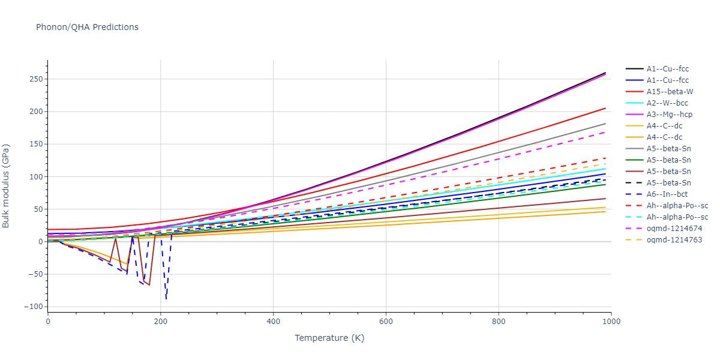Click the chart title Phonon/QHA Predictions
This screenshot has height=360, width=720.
coord(87,27)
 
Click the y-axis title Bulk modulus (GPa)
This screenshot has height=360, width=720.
coord(6,186)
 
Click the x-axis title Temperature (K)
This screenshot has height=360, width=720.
coord(329,338)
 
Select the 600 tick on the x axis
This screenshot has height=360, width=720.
coord(386,321)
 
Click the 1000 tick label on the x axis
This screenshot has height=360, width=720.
coord(611,321)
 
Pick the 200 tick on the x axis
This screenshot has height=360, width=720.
coord(160,321)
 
